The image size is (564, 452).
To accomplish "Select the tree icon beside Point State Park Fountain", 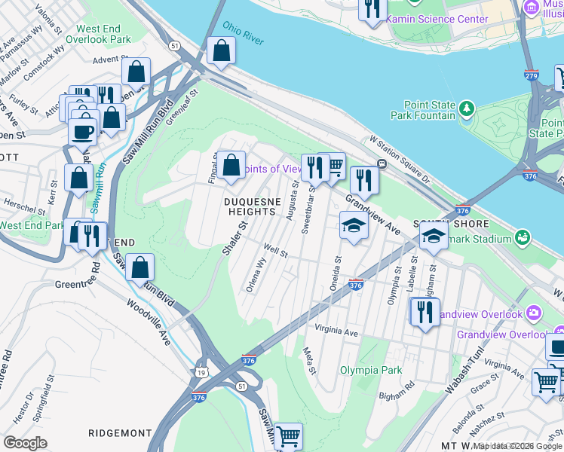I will pyautogui.click(x=467, y=109).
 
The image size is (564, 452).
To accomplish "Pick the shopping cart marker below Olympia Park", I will pyautogui.click(x=287, y=435).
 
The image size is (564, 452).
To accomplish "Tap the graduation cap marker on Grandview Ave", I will pyautogui.click(x=354, y=224).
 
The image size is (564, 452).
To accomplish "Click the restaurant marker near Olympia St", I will pyautogui.click(x=425, y=310).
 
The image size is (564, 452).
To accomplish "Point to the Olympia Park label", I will pyautogui.click(x=370, y=370).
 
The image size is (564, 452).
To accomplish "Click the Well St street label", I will pyautogui.click(x=275, y=251).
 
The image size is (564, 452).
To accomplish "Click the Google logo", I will pyautogui.click(x=25, y=442).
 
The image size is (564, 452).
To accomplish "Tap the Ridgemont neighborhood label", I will pyautogui.click(x=121, y=433).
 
